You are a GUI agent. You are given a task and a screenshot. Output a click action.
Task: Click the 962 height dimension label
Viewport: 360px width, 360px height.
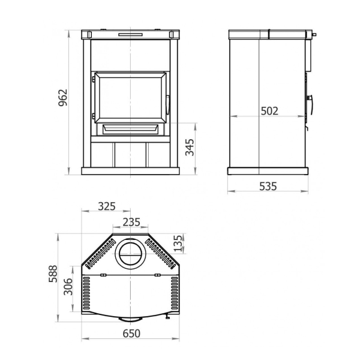pyautogui.click(x=63, y=98)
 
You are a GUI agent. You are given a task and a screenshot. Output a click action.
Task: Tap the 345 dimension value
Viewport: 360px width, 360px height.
pyautogui.click(x=190, y=148)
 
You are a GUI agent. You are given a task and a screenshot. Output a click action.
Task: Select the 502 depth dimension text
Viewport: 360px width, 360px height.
pyautogui.click(x=269, y=111)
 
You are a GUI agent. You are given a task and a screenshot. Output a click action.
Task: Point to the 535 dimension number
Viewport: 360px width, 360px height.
pyautogui.click(x=268, y=186)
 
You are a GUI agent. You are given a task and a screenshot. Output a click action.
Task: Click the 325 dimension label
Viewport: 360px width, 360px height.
pyautogui.click(x=107, y=206)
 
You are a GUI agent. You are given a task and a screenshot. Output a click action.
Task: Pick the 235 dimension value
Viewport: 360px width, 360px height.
pyautogui.click(x=131, y=222)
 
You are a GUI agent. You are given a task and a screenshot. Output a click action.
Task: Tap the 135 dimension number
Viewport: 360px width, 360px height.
pyautogui.click(x=178, y=243)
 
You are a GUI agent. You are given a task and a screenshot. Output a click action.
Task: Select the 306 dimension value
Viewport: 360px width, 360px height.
pyautogui.click(x=68, y=287)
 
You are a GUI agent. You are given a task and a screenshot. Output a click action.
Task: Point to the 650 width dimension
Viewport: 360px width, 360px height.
pyautogui.click(x=131, y=334)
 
